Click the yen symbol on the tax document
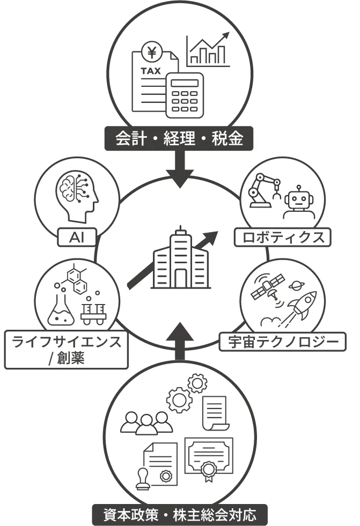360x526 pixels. [151, 53]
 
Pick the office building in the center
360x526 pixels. [179, 260]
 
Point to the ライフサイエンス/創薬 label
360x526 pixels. [65, 349]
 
